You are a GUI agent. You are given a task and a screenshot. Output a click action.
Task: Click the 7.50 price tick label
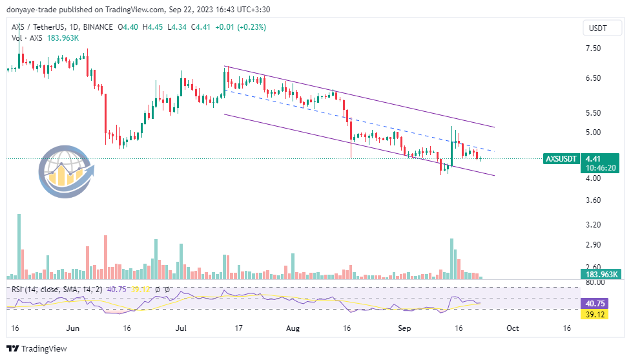[593, 48]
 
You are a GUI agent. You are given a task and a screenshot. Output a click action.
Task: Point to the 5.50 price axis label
[593, 112]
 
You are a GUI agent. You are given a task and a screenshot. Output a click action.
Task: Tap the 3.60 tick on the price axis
[593, 200]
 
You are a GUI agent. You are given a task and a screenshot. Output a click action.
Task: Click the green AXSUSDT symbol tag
[561, 158]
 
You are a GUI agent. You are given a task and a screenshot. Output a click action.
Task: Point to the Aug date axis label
[293, 328]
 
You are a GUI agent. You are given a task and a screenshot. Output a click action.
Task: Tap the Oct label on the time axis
[513, 328]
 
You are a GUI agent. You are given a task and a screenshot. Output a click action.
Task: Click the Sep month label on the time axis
[404, 328]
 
